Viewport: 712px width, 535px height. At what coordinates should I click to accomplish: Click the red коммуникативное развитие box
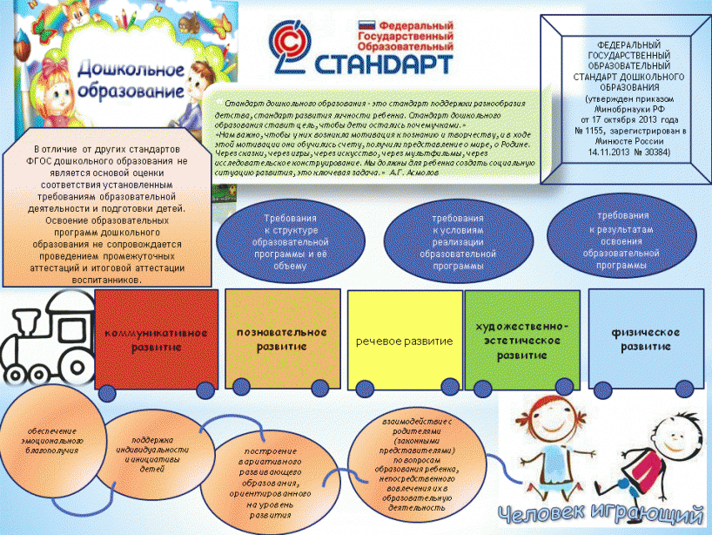(156, 339)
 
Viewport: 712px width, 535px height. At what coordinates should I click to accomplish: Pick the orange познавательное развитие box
(281, 339)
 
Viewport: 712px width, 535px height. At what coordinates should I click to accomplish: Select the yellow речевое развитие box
(404, 341)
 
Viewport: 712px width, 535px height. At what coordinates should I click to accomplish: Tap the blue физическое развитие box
(645, 339)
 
